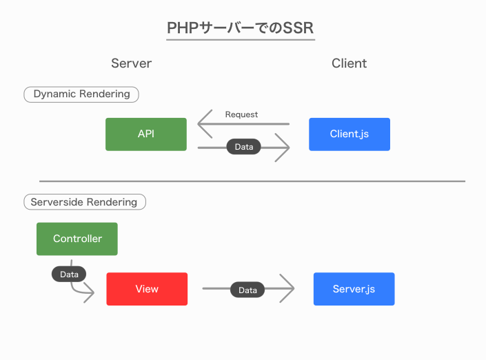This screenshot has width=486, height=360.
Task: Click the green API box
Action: click(x=145, y=134)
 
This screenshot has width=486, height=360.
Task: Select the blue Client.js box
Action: click(x=349, y=134)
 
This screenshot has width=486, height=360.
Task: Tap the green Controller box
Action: click(x=77, y=239)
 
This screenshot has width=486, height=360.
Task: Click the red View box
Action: click(x=147, y=289)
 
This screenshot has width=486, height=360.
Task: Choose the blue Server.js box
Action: click(x=354, y=289)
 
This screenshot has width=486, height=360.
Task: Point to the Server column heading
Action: click(x=131, y=63)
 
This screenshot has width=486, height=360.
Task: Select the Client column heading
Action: click(x=349, y=63)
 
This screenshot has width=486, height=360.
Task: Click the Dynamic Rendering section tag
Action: click(x=81, y=94)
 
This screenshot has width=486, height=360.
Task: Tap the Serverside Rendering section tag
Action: click(x=85, y=202)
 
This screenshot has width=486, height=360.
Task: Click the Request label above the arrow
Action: click(x=241, y=114)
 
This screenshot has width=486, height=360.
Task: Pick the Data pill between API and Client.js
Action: click(x=243, y=147)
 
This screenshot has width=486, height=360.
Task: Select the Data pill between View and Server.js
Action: click(x=247, y=290)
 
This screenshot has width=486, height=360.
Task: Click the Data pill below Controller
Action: click(x=69, y=274)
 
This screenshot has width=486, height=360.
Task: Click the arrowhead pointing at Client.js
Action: click(x=284, y=148)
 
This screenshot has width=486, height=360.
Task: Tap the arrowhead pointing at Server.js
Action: click(x=288, y=289)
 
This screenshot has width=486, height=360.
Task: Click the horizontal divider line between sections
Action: click(x=252, y=181)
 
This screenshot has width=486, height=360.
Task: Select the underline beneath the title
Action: click(x=241, y=40)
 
